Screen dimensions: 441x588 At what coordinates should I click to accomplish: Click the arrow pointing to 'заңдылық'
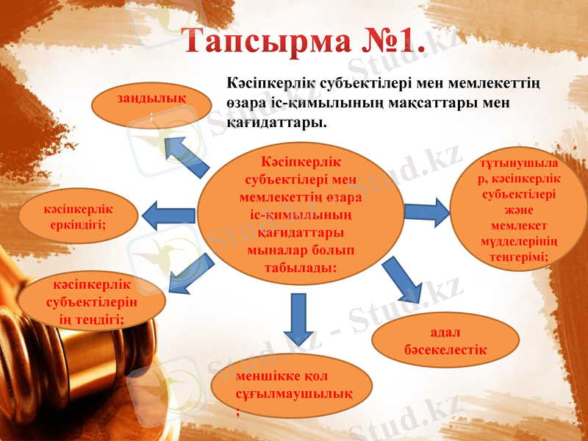pyautogui.click(x=187, y=154)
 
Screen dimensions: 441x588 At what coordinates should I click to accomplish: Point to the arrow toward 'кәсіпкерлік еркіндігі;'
pyautogui.click(x=168, y=215)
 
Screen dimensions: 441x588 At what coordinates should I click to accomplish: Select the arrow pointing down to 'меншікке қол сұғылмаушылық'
pyautogui.click(x=298, y=318)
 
